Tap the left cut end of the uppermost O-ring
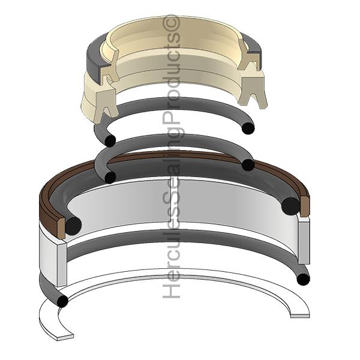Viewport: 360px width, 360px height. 110,140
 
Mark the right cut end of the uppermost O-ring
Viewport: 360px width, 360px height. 248,128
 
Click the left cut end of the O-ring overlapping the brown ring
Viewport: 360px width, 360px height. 110,178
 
